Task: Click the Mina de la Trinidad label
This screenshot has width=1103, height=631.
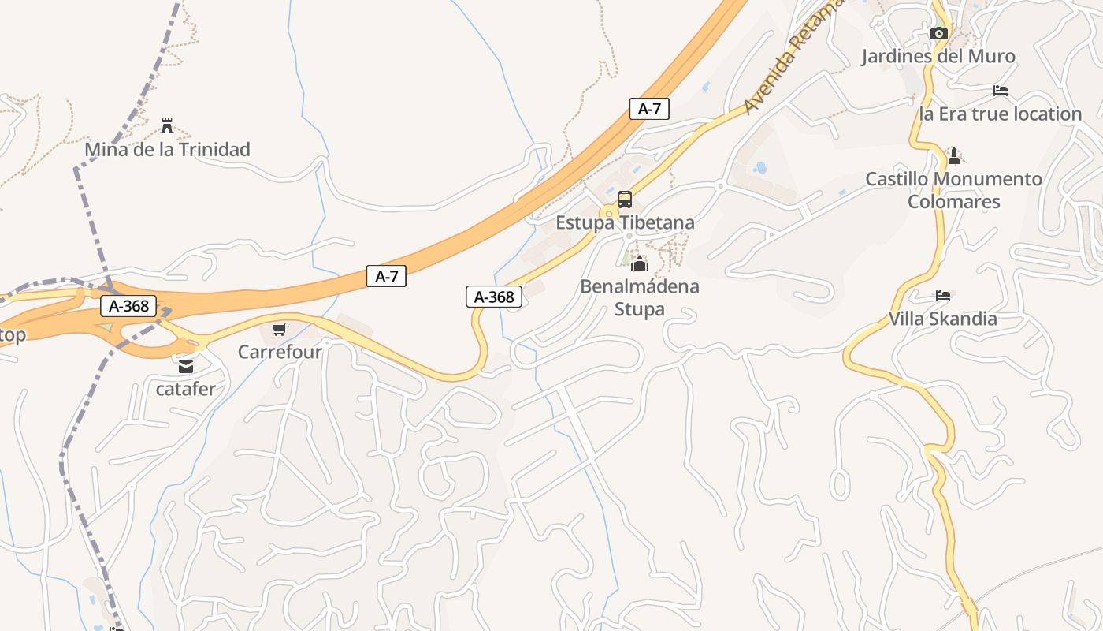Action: [167, 149]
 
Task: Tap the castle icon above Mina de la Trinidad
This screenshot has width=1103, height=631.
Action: [167, 125]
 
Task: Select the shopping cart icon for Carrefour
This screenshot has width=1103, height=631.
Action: [280, 329]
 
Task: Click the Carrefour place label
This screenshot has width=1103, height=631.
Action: [280, 352]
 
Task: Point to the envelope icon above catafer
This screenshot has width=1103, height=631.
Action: [186, 366]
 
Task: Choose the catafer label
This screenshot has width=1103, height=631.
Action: [186, 389]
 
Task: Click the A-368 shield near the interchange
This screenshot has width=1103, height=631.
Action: [128, 306]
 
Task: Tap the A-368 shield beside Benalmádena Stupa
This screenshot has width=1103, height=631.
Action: [494, 297]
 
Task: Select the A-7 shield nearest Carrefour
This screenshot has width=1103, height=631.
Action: [386, 276]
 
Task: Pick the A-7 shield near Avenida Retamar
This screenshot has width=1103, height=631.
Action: [649, 109]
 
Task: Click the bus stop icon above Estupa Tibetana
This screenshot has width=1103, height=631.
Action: [625, 200]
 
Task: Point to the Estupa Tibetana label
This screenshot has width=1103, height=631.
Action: [626, 222]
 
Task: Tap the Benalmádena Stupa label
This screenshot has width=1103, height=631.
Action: [640, 297]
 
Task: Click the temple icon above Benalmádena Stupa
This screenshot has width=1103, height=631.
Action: [639, 263]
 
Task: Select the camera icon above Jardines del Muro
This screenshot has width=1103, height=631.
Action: [938, 33]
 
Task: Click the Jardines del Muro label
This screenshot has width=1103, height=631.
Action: [938, 56]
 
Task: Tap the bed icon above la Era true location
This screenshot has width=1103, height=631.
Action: [1001, 91]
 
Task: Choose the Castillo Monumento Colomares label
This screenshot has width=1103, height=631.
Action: [954, 190]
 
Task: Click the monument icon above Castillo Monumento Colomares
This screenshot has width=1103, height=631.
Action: [954, 155]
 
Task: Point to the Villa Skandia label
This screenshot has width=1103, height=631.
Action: [943, 319]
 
